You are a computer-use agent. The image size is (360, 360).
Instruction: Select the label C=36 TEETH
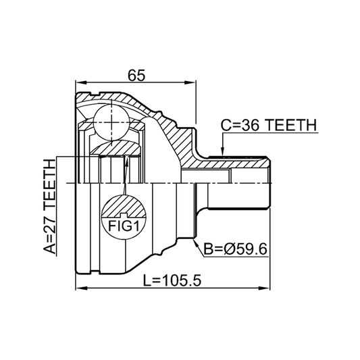(x=269, y=125)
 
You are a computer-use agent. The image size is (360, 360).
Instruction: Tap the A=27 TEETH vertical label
(x=49, y=207)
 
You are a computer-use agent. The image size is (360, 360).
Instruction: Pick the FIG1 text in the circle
(x=124, y=226)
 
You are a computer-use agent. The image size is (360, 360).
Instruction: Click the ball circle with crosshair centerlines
(x=111, y=123)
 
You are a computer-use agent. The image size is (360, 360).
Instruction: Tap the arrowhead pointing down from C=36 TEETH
(x=222, y=153)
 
